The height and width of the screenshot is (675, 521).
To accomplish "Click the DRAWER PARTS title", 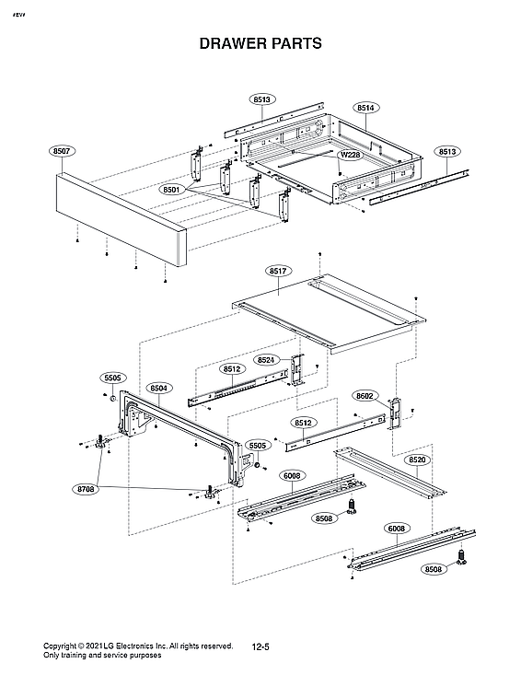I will (260, 43).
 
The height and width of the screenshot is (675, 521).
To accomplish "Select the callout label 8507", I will (64, 149).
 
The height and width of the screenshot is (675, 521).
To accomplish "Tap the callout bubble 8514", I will (365, 108).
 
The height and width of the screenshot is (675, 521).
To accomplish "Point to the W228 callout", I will (349, 155).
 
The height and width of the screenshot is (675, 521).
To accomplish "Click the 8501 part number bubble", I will (170, 189).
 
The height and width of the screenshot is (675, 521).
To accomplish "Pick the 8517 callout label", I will (279, 271).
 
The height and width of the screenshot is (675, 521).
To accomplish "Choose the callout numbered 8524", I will (266, 359).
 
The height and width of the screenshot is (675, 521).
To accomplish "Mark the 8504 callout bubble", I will (158, 389).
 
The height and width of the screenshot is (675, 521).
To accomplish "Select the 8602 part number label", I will (365, 396).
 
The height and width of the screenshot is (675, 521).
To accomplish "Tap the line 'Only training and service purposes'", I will (103, 656).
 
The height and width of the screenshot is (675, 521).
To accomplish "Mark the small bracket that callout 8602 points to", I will (397, 412).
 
